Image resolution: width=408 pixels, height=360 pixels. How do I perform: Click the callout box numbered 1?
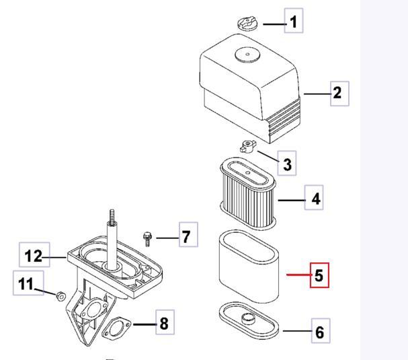(x=292, y=22)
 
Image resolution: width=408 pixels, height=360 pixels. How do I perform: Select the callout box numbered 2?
(x=337, y=92)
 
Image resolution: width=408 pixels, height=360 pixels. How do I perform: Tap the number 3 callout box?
(x=287, y=164)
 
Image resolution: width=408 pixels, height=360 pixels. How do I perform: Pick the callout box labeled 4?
(x=315, y=199)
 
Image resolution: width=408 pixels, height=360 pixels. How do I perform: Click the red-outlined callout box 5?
(x=319, y=275)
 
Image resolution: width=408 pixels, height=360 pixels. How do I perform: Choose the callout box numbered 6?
(x=319, y=332)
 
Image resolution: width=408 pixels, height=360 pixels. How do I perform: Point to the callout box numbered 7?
(x=186, y=236)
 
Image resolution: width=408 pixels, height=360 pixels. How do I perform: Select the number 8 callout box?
(x=164, y=323)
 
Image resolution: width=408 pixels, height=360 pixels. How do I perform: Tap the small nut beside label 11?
(x=61, y=295)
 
